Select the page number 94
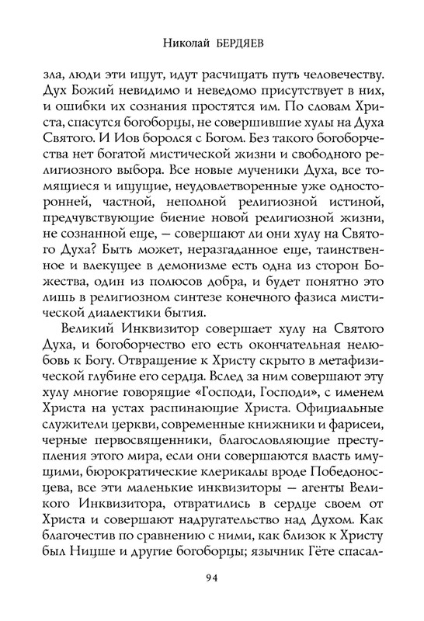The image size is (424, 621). point(212,576)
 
